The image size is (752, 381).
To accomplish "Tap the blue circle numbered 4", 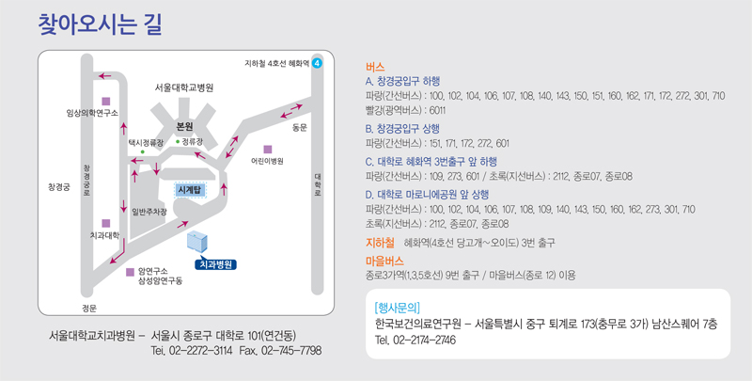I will pyautogui.click(x=317, y=63).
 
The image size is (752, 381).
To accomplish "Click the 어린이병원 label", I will pyautogui.click(x=267, y=161).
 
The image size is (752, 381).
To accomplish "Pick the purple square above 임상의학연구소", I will pyautogui.click(x=105, y=100).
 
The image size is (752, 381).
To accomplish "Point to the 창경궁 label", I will pyautogui.click(x=59, y=187).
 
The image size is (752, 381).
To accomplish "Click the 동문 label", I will pyautogui.click(x=300, y=126).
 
